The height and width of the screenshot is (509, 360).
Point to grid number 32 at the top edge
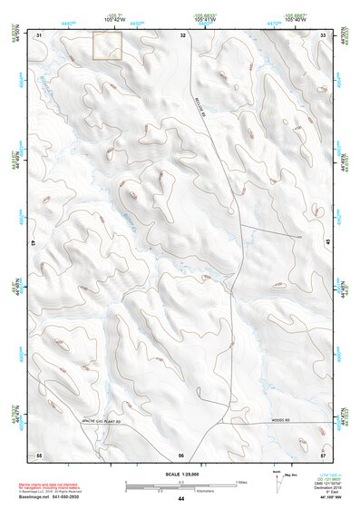pyautogui.click(x=183, y=34)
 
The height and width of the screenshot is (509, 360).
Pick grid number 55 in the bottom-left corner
pyautogui.click(x=39, y=454)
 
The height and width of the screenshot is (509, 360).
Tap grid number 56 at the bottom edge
pyautogui.click(x=181, y=454)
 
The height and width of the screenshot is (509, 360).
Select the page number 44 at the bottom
pyautogui.click(x=181, y=499)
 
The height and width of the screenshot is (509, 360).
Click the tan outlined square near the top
pyautogui.click(x=107, y=46)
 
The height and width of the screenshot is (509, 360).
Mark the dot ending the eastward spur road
pyautogui.click(x=299, y=237)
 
